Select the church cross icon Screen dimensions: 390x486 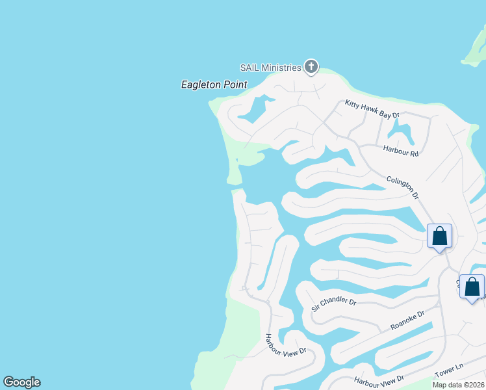pyautogui.click(x=311, y=66)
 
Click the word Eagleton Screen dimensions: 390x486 pyautogui.click(x=201, y=84)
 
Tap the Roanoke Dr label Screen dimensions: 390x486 pyautogui.click(x=407, y=320)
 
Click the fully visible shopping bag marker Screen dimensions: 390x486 pyautogui.click(x=439, y=236)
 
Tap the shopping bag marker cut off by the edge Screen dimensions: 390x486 pyautogui.click(x=472, y=287)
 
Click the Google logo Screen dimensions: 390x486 pyautogui.click(x=21, y=382)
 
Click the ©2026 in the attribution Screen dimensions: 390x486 pyautogui.click(x=474, y=385)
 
